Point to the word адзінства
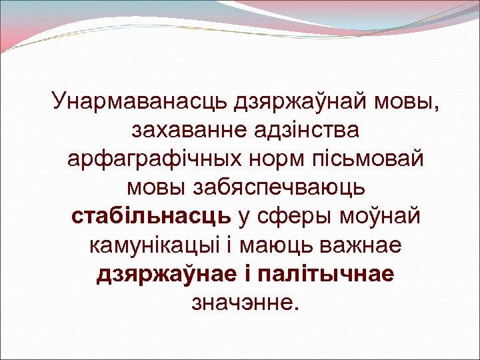coord(309,132)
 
